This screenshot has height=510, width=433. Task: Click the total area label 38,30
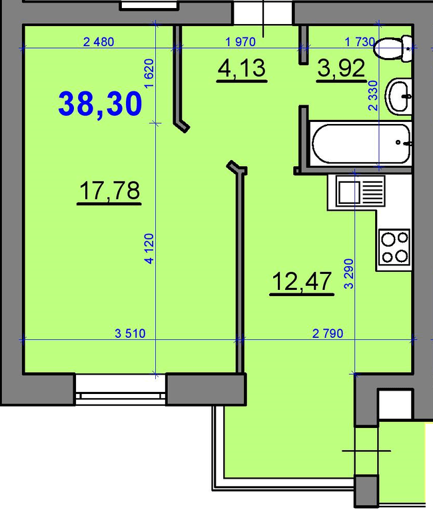[x=100, y=104]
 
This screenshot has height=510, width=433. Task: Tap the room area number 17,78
[x=109, y=191]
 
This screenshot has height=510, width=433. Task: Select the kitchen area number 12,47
[x=302, y=281]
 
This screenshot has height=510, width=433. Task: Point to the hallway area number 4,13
[x=242, y=68]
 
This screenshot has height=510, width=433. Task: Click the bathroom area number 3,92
[x=341, y=68]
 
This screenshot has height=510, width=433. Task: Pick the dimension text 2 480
[x=99, y=42]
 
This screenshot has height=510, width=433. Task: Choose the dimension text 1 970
[x=240, y=42]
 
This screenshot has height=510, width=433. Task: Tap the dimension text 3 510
[x=130, y=333]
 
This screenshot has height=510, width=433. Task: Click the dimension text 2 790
[x=328, y=333]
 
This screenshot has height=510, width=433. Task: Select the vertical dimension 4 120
[x=149, y=249]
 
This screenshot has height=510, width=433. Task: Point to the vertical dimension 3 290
[x=348, y=274]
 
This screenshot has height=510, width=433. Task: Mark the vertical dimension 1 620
[x=149, y=73]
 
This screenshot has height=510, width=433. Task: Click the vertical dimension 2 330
[x=373, y=95]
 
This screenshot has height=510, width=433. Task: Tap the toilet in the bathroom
[x=393, y=49]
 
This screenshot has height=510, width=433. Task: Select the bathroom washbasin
[x=398, y=97]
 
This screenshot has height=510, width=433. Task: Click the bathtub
[x=361, y=143]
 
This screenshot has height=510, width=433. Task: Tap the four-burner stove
[x=394, y=247]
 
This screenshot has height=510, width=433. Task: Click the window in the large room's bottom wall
[x=121, y=389]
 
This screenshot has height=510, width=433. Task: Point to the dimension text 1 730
[x=360, y=42]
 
